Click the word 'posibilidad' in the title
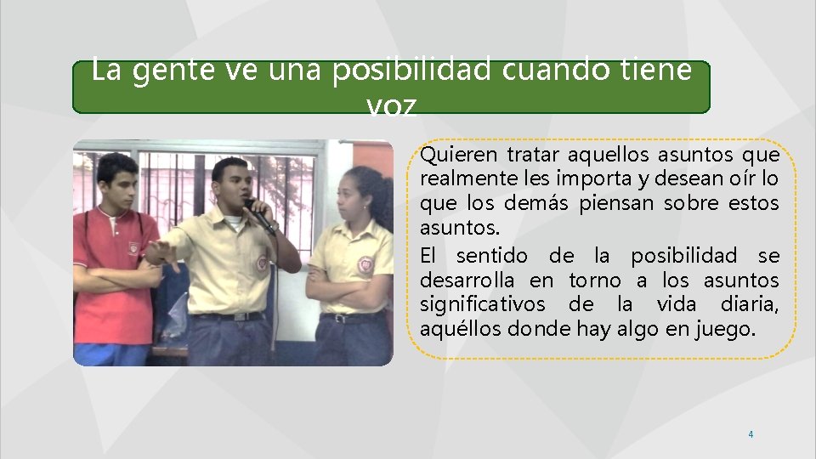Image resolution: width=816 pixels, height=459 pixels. coord(411,71)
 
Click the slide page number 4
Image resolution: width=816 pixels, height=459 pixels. coord(751,434)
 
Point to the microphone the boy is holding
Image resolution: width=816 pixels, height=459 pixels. coord(259,217)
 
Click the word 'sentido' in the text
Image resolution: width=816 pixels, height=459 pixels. coord(491,256)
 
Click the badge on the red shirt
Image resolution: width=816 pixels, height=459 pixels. coord(133,247)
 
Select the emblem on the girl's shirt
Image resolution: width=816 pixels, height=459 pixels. coord(365,263)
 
